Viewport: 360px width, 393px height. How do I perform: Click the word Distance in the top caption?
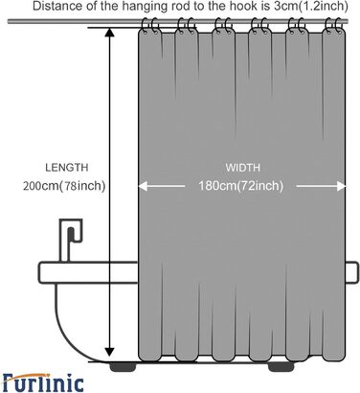[30, 7]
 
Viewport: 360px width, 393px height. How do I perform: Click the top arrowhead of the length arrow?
[111, 34]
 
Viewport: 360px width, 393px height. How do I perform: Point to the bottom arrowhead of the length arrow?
[111, 357]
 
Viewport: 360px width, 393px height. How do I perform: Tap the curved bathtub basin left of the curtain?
[67, 316]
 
